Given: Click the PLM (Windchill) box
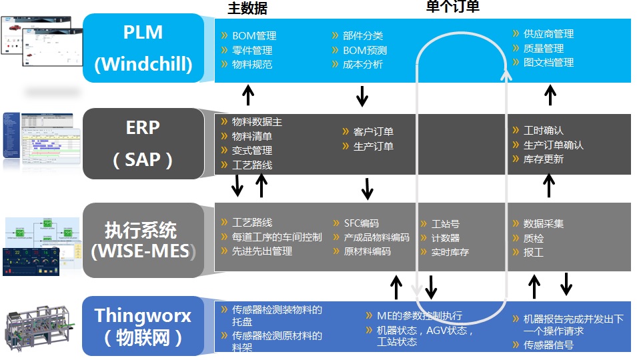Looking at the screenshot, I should (x=143, y=49).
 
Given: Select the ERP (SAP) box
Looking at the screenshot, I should (x=143, y=143).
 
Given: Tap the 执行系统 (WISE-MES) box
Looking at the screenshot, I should (x=143, y=240).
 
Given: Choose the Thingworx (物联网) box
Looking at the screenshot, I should (x=143, y=326).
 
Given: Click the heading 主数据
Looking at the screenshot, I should (x=247, y=9).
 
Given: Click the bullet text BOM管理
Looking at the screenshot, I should (x=253, y=36).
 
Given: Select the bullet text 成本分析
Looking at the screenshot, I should (x=363, y=65).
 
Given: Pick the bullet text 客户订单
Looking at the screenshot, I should (x=373, y=132).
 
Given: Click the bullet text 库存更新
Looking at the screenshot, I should (x=543, y=159).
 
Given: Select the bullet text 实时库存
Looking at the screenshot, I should (x=450, y=253).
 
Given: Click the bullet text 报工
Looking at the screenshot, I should (x=534, y=253).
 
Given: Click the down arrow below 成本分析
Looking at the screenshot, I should (x=362, y=95).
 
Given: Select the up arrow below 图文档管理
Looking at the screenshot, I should (x=550, y=95).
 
